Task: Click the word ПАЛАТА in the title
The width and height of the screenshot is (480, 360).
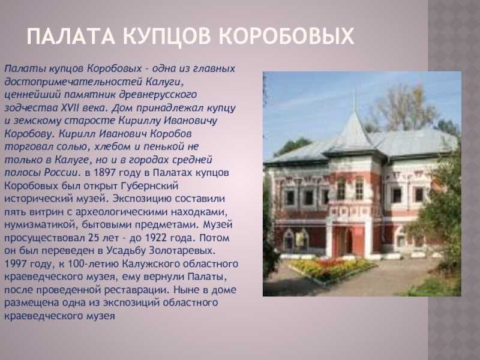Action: pos(71,36)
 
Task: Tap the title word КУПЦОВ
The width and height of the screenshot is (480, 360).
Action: pos(167,37)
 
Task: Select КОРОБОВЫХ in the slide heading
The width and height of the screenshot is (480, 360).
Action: pos(287,36)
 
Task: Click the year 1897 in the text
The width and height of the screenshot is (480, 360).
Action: pos(104,173)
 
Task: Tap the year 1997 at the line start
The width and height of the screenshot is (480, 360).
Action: pos(16,263)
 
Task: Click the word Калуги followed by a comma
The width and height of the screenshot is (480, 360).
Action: pos(166,82)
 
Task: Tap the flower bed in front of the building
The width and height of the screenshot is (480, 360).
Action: pos(331,268)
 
